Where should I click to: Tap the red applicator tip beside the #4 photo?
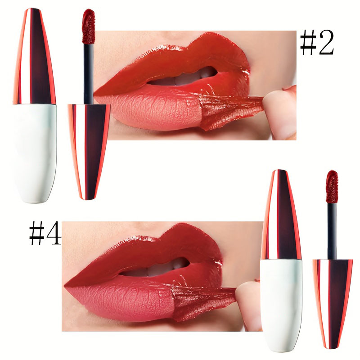[332, 184]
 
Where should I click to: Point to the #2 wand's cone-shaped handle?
[88, 148]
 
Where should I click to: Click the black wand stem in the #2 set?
[88, 67]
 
